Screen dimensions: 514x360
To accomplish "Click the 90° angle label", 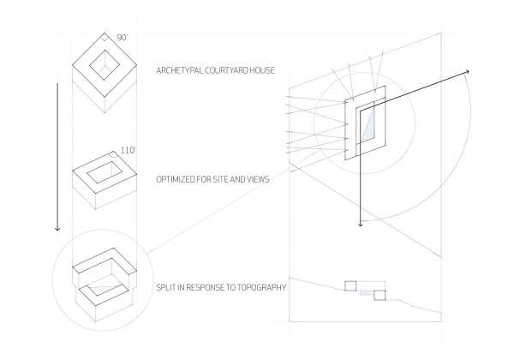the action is coord(122,38).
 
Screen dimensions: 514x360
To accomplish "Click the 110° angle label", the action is coord(128,151).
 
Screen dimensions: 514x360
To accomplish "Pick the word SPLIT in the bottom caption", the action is coord(166,287).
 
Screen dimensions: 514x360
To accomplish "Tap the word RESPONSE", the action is coord(205,287).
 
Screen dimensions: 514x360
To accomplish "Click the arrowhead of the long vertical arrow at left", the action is coord(57,228).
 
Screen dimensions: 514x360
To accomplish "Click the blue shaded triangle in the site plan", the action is coord(369,123).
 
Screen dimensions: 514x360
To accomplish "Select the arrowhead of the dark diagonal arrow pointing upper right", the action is coord(468,72).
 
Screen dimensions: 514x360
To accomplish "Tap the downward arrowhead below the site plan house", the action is coord(361,225).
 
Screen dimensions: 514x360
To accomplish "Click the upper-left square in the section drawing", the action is coord(350,286).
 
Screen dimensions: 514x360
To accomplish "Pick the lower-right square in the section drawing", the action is coord(380,295).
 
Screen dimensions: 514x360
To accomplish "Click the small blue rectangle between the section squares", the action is coord(367,292).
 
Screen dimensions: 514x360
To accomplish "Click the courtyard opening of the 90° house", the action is coord(105,64).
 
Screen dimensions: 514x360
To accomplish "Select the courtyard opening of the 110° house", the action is coord(105,173).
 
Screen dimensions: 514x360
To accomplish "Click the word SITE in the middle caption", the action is coord(221,179).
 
